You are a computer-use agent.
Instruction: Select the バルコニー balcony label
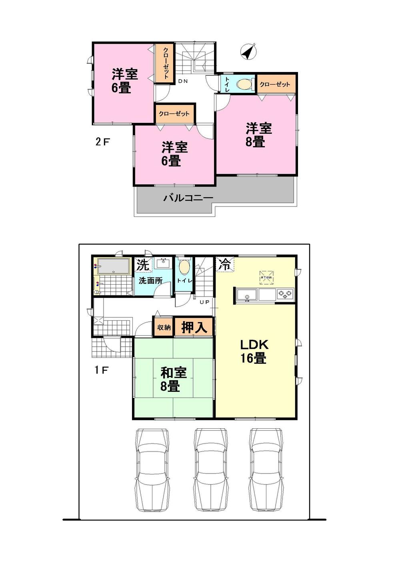point(188,198)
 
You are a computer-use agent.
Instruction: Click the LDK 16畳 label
point(254,351)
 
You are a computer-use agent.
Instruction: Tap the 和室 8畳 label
point(173,379)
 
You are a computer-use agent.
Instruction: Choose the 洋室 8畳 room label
point(258,135)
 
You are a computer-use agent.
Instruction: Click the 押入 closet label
point(194,327)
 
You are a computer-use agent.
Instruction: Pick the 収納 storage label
point(164,327)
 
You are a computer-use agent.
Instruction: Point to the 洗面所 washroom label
point(150,281)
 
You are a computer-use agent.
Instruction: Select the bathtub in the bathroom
point(114,267)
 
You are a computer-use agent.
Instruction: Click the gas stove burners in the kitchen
point(286,295)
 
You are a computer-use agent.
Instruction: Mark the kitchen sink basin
point(247,295)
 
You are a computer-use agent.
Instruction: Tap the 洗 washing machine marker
point(142,264)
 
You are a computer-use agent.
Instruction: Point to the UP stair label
point(204,302)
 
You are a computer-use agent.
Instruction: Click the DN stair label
point(183,81)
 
